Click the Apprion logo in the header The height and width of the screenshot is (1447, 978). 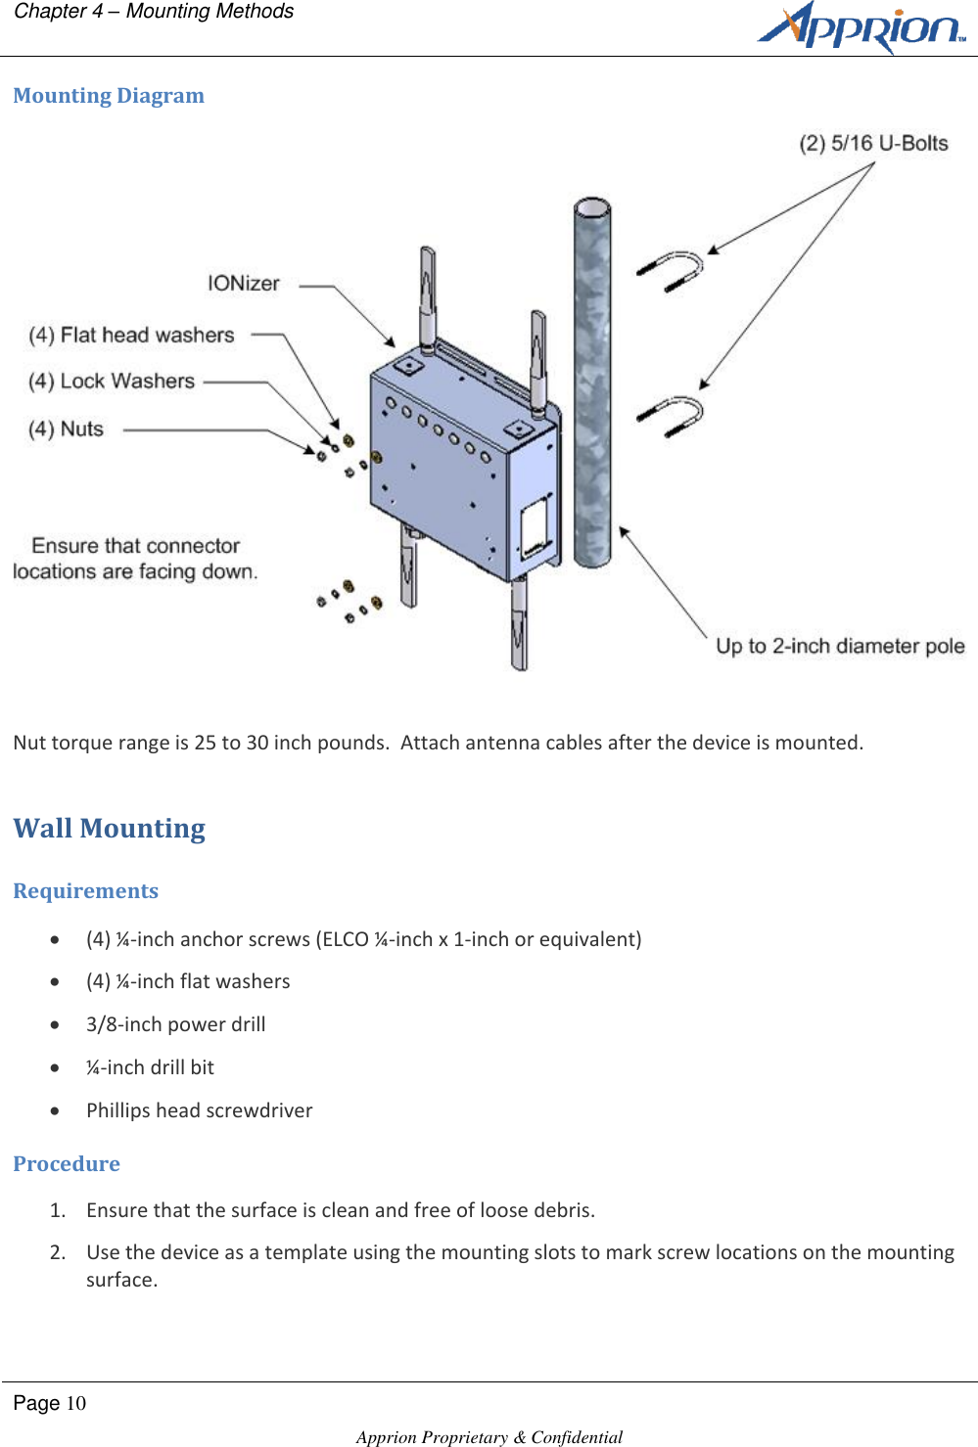(x=861, y=27)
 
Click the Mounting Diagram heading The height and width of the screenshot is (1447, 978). (x=109, y=96)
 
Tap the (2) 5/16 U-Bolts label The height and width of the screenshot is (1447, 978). (x=873, y=144)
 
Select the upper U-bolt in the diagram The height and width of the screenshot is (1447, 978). (x=673, y=271)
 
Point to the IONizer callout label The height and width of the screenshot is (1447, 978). (x=243, y=284)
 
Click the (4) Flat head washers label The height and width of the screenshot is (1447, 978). (x=131, y=336)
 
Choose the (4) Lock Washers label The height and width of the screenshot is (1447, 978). (x=112, y=382)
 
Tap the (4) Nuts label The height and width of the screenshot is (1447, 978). (x=66, y=430)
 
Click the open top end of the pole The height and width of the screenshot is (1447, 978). (x=592, y=208)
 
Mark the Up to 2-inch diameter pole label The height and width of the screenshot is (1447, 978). (x=839, y=647)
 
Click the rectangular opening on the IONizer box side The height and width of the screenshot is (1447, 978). (x=534, y=527)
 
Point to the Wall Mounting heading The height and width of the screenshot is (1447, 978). (x=109, y=829)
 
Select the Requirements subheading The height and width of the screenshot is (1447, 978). (x=85, y=891)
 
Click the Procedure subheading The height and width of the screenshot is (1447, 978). (x=67, y=1164)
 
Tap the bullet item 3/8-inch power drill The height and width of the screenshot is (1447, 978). (x=175, y=1024)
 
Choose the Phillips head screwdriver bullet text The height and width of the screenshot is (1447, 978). (x=199, y=1110)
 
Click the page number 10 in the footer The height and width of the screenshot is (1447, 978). (x=75, y=1404)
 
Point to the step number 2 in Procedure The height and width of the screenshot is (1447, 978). (x=58, y=1253)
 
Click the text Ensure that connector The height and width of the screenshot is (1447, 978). (x=135, y=546)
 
